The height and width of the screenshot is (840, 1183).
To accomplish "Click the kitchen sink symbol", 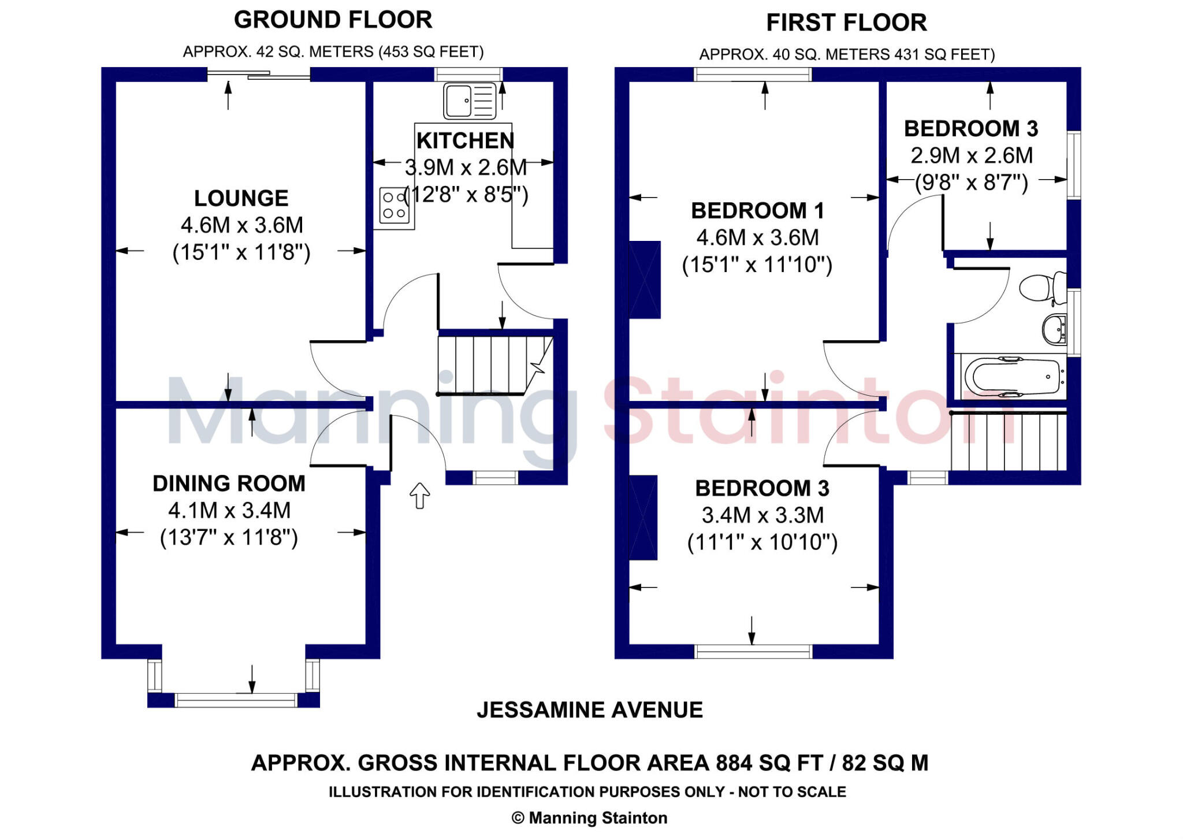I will [x=470, y=101].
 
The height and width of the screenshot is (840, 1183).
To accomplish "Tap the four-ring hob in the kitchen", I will [x=394, y=205].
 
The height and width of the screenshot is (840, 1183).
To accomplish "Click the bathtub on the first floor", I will [x=1017, y=377].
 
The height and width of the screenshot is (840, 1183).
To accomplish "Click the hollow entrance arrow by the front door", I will [x=420, y=495].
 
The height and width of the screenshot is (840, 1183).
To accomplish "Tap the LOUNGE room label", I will [x=241, y=198].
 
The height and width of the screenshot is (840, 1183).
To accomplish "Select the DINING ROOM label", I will [x=229, y=484].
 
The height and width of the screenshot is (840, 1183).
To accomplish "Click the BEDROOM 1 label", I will [x=757, y=211].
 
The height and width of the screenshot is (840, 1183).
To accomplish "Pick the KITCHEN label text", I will [x=465, y=141].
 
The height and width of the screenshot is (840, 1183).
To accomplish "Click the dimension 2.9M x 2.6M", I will [x=972, y=155].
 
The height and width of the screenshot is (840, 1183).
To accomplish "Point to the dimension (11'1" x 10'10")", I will [x=762, y=542].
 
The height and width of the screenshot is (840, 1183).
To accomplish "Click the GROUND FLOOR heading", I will [x=333, y=20].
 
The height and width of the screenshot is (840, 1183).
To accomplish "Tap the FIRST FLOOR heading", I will [x=846, y=23].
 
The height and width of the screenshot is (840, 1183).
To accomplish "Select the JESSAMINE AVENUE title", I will [x=590, y=709].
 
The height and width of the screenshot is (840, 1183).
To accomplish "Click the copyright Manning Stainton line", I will [x=590, y=818].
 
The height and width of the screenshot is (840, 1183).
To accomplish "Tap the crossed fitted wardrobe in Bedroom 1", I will [x=645, y=280].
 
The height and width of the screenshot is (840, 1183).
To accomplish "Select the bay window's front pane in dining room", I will [x=236, y=700].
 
